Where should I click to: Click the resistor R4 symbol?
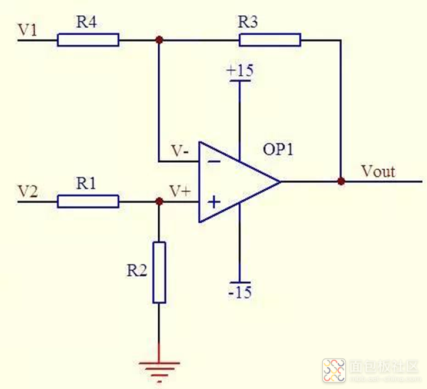point(88,40)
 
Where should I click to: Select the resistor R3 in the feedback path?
point(270,40)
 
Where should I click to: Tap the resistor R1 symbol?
point(88,202)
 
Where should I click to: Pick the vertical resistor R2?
point(159,272)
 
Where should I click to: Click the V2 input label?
point(28,192)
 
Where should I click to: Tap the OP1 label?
point(278,149)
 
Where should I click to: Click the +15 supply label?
point(239,71)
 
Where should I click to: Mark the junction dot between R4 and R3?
point(159,40)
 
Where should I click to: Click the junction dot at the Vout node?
point(341,182)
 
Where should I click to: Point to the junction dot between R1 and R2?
point(159,202)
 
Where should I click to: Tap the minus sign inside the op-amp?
point(214,160)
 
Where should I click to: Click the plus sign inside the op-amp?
point(214,202)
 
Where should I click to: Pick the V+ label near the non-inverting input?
point(179,191)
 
